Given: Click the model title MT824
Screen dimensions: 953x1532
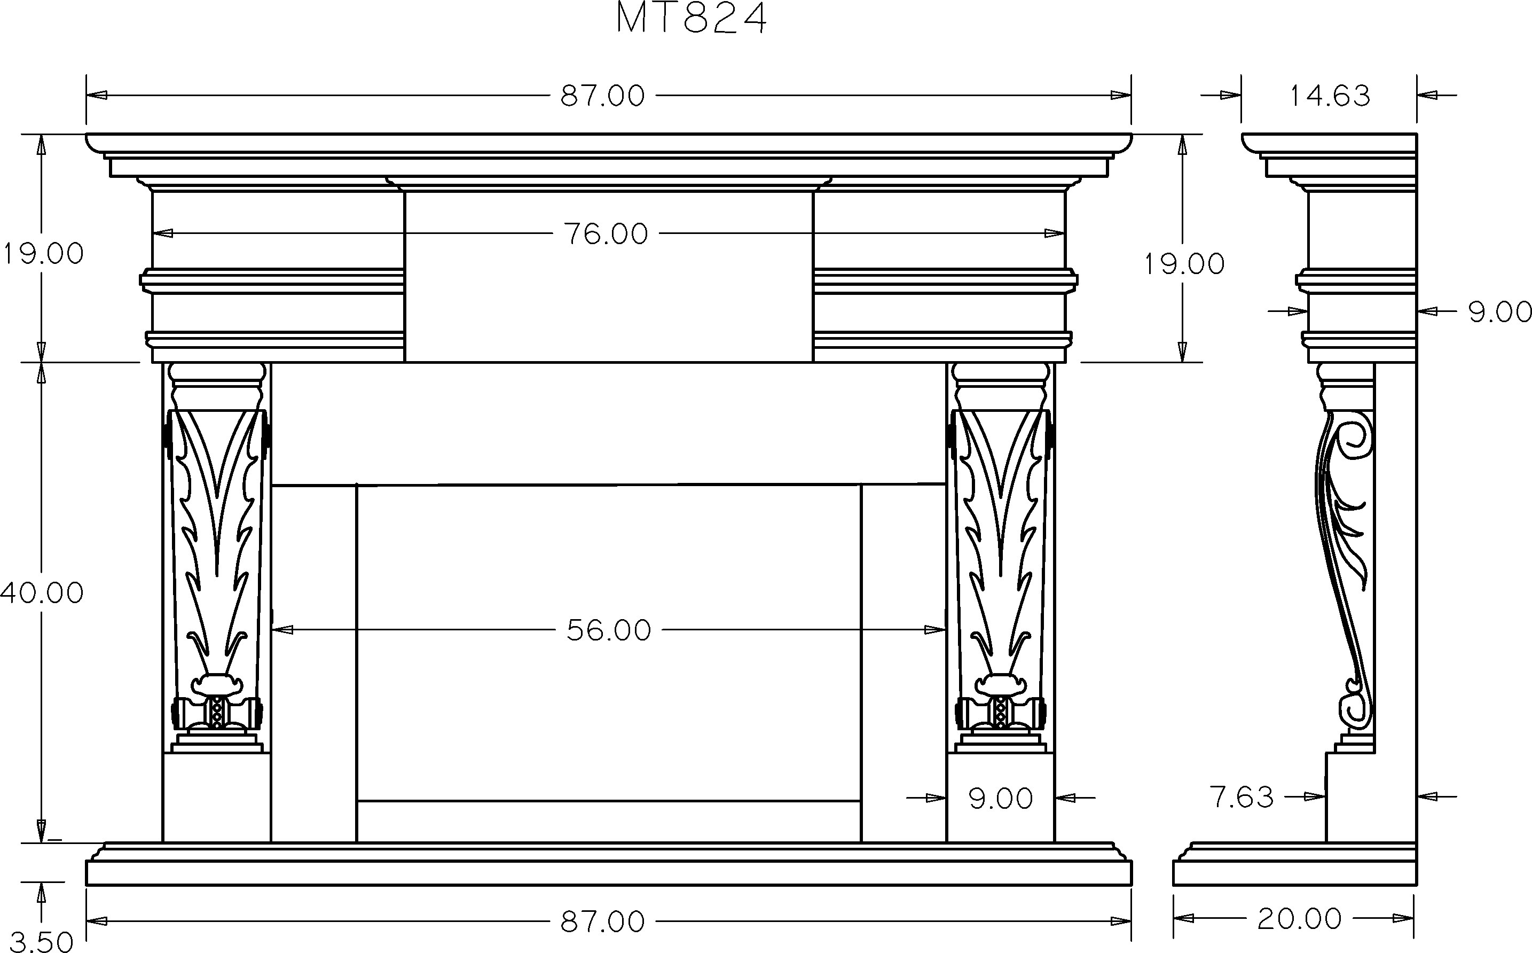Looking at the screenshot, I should [691, 19].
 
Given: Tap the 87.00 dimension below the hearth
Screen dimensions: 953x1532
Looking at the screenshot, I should [603, 922].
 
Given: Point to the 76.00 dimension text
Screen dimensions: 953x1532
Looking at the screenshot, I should [606, 235].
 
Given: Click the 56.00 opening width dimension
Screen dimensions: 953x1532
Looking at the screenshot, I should [609, 630].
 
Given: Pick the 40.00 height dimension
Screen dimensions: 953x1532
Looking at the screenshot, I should [42, 593].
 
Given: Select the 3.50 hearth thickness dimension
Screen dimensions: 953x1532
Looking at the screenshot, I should [42, 942].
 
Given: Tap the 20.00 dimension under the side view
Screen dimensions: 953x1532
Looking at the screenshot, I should [1299, 919].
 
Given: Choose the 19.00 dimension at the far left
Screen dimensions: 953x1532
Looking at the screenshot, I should [43, 254].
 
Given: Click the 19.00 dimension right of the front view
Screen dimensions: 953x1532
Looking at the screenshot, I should [1184, 264].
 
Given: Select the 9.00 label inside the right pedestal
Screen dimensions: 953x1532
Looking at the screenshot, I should [1000, 799].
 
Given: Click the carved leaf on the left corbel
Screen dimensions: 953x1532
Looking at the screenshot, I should [217, 542].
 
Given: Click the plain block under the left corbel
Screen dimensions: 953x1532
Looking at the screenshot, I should [217, 798].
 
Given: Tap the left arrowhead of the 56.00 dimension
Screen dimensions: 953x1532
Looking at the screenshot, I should [283, 630].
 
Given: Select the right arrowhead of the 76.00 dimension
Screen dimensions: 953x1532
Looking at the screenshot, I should [1055, 234].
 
